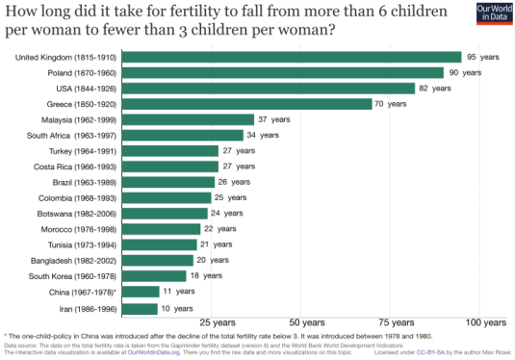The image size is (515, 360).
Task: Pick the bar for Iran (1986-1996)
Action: click(x=141, y=309)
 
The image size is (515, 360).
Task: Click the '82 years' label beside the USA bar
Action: click(x=435, y=89)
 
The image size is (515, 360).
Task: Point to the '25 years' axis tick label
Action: click(x=216, y=321)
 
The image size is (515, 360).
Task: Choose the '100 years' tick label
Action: click(x=485, y=321)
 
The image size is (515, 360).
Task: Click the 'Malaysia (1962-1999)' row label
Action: click(x=81, y=119)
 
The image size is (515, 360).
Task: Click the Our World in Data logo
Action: click(x=490, y=14)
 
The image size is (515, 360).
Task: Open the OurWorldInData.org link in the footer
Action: click(x=152, y=351)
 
